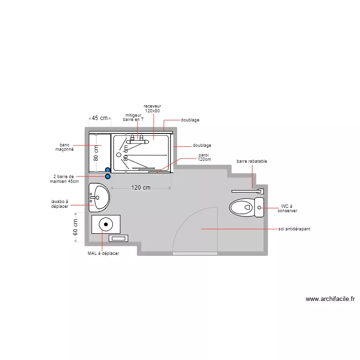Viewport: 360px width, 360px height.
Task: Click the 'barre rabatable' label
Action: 252,161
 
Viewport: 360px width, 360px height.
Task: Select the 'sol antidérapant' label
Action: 294,229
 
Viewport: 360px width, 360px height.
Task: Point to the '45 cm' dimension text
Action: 100,118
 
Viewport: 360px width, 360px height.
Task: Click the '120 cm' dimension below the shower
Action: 141,188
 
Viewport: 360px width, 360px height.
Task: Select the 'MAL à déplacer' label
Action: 103,253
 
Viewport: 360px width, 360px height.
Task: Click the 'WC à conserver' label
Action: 288,208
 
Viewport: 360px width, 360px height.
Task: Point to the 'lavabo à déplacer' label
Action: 60,204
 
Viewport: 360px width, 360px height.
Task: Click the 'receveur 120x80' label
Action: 152,108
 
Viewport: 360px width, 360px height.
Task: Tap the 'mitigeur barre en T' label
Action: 133,117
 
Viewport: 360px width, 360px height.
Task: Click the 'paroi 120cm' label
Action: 204,157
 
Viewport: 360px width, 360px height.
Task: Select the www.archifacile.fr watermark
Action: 330,299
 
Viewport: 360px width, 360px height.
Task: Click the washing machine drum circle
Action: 106,224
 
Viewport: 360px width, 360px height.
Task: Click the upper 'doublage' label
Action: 190,120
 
